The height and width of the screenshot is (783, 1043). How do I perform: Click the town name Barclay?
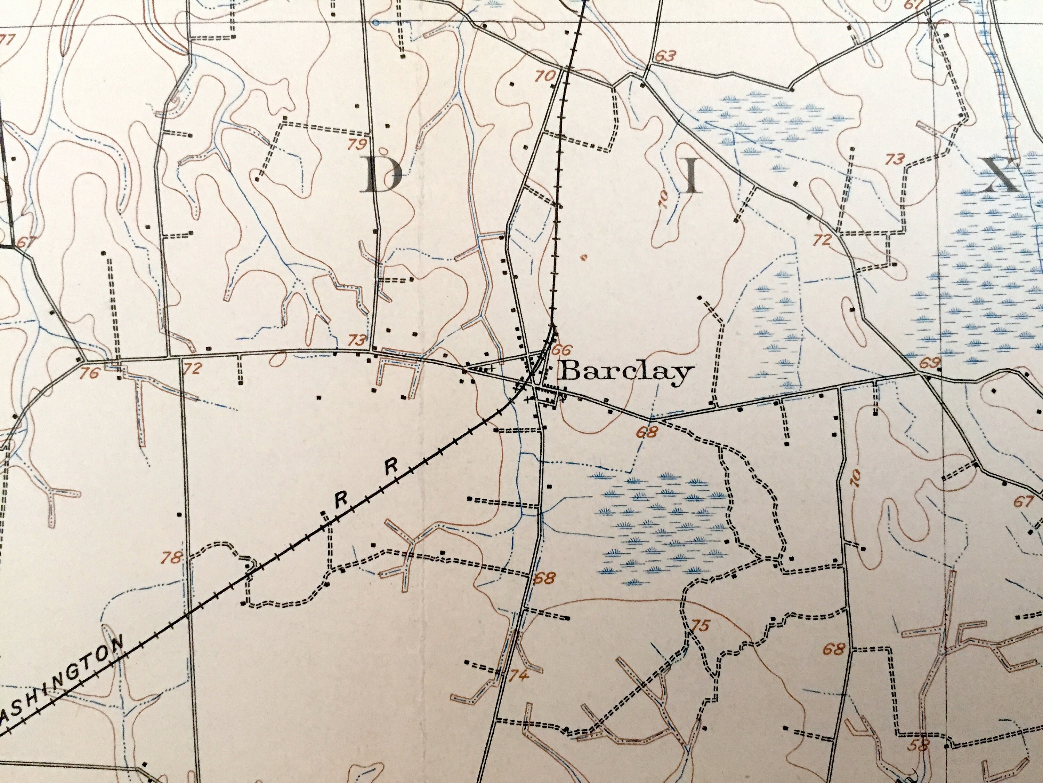(625, 373)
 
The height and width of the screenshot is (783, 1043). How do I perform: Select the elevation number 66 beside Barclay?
(561, 350)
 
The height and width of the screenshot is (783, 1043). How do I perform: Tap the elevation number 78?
(172, 558)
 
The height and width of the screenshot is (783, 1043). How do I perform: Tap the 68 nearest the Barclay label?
(646, 432)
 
